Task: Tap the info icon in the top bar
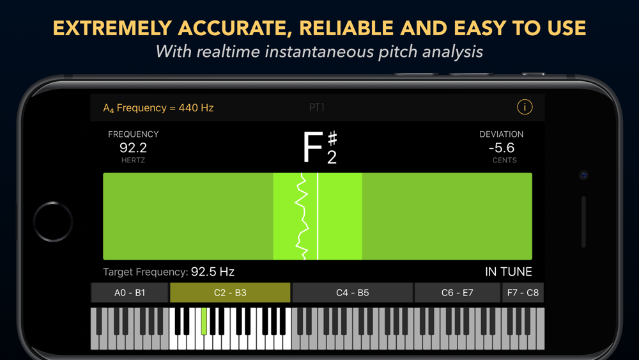point(525,107)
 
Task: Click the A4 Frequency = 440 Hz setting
point(158,108)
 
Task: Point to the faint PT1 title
point(317,107)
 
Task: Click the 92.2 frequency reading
point(134,148)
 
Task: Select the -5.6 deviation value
point(502,148)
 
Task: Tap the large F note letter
point(312,147)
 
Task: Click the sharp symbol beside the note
point(332,139)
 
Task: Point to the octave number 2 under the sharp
point(332,157)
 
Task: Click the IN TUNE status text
point(508,272)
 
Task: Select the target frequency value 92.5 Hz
point(212,272)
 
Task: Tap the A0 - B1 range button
point(130,293)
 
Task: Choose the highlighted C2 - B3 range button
point(230,293)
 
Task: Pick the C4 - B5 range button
point(353,293)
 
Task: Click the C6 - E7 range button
point(458,293)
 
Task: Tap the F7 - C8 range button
point(523,293)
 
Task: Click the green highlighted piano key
point(204,321)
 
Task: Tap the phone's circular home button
point(53,222)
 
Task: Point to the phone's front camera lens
point(583,175)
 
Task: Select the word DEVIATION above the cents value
point(501,134)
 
